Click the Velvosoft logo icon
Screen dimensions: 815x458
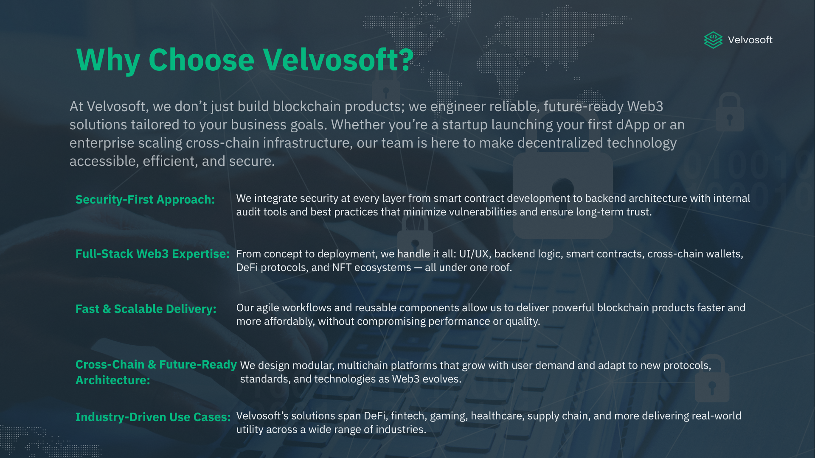(x=713, y=40)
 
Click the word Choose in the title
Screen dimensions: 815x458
(x=201, y=59)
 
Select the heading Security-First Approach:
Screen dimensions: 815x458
(x=145, y=199)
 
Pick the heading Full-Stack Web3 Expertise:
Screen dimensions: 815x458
(x=152, y=254)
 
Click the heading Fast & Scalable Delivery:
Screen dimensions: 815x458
(x=146, y=309)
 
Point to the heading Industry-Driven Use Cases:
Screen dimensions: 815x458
(x=153, y=417)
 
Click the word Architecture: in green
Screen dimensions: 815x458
(x=113, y=380)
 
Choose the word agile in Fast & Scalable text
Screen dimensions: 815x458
(x=268, y=308)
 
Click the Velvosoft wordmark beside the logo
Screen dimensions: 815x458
(x=750, y=40)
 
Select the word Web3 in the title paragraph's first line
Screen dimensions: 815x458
(x=645, y=106)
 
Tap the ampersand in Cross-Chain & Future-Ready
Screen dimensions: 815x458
(x=152, y=365)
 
